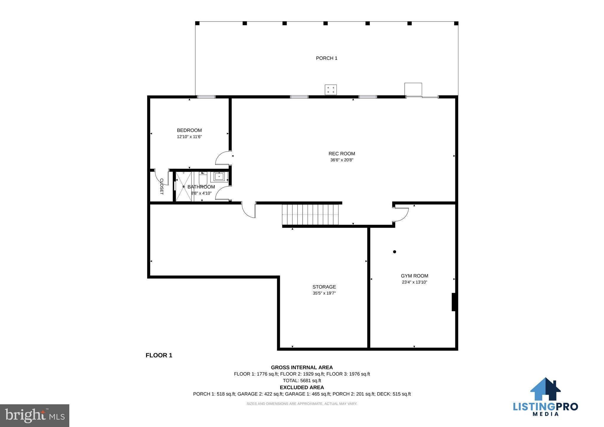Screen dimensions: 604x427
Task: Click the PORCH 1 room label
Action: tap(326, 58)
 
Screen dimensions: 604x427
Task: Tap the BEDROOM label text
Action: tap(189, 130)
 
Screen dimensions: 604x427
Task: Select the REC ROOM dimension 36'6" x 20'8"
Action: tap(342, 160)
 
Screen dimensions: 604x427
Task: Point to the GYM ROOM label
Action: tap(414, 276)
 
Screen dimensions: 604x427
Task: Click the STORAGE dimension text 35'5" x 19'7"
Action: tap(324, 293)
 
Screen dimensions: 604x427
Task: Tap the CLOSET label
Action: tap(162, 186)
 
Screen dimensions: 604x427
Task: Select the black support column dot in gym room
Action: tap(395, 252)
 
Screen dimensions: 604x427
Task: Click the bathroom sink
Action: tap(219, 176)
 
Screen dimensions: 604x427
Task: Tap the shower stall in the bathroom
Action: tap(183, 187)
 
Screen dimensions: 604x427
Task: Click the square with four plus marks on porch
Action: tap(331, 90)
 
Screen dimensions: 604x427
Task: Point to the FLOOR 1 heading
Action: tap(159, 355)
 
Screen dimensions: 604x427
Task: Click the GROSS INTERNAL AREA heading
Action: tap(302, 367)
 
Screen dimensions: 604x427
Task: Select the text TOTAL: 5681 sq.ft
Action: tap(302, 380)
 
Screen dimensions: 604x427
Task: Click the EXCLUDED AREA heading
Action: tap(302, 387)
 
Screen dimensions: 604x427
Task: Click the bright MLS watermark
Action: tap(35, 415)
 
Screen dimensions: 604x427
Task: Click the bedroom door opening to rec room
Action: tap(224, 158)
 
